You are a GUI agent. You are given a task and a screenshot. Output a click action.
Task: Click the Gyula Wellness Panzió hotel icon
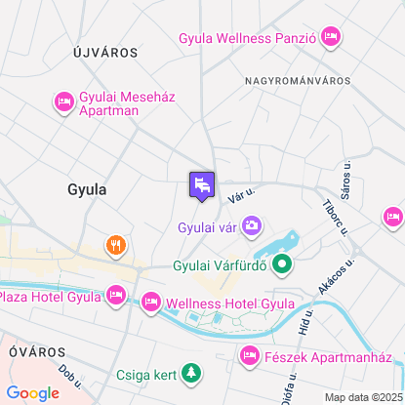330,38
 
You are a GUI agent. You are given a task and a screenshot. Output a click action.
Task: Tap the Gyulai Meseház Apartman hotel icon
64,101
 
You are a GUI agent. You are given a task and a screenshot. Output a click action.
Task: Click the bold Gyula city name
87,188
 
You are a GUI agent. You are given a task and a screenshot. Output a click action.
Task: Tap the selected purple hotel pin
202,184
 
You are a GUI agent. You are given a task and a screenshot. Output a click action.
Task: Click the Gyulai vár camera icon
252,227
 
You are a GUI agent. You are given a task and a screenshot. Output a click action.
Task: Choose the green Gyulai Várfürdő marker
282,263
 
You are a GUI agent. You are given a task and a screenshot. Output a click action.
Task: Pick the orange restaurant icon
115,245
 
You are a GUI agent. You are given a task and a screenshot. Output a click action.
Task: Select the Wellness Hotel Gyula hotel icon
151,304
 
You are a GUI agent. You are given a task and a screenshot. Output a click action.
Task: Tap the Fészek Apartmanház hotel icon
250,356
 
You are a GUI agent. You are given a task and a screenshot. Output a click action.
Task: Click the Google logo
32,393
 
